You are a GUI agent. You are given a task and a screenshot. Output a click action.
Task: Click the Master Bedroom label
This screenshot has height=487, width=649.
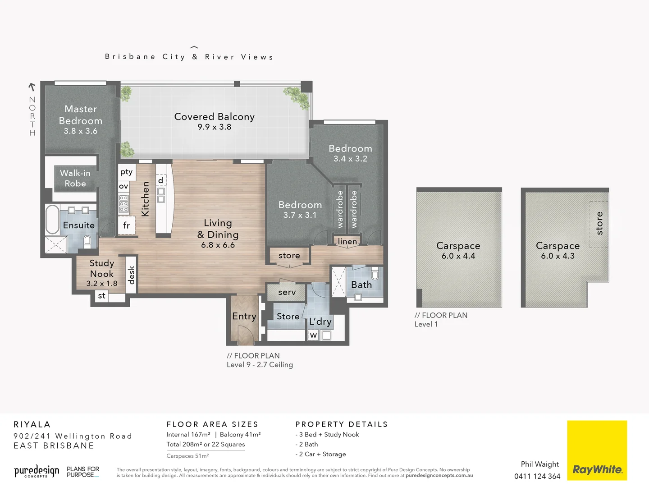[x=81, y=115]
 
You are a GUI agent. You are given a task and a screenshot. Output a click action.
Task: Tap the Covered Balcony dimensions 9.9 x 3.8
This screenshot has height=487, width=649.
[x=215, y=127]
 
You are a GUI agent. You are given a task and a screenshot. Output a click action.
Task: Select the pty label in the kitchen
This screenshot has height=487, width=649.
[x=126, y=172]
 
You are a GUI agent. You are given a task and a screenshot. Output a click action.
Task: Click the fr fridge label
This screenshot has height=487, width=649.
[x=126, y=225]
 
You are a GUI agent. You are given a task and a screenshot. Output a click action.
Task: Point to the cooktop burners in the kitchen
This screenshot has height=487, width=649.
[x=123, y=203]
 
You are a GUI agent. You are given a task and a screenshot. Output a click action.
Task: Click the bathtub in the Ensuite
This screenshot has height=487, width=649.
[x=52, y=220]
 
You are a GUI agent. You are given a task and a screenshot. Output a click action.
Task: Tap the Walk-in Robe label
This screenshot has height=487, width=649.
[x=75, y=178]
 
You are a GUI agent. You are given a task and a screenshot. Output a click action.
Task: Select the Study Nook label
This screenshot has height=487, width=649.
[x=102, y=268]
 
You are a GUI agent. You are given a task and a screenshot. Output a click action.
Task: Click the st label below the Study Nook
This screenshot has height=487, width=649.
[x=102, y=296]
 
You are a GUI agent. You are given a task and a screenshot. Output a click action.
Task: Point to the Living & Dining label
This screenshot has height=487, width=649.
[x=218, y=229]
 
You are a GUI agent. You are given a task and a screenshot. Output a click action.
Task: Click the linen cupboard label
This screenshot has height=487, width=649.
[x=347, y=242]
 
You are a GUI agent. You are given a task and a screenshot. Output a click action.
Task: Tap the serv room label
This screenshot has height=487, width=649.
[x=287, y=292]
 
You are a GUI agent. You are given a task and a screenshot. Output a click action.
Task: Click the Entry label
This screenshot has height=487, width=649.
[x=244, y=317]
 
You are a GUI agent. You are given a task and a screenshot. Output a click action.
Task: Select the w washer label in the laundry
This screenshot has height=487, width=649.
[x=314, y=335]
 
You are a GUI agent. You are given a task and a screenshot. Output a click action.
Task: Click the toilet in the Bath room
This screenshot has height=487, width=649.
[x=375, y=274]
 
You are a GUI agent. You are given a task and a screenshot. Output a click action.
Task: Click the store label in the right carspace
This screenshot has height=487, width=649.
[x=599, y=223]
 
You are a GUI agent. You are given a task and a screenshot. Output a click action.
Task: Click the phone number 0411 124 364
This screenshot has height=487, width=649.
[x=537, y=476]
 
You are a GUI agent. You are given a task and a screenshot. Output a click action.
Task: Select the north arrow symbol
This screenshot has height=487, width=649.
[x=32, y=87]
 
